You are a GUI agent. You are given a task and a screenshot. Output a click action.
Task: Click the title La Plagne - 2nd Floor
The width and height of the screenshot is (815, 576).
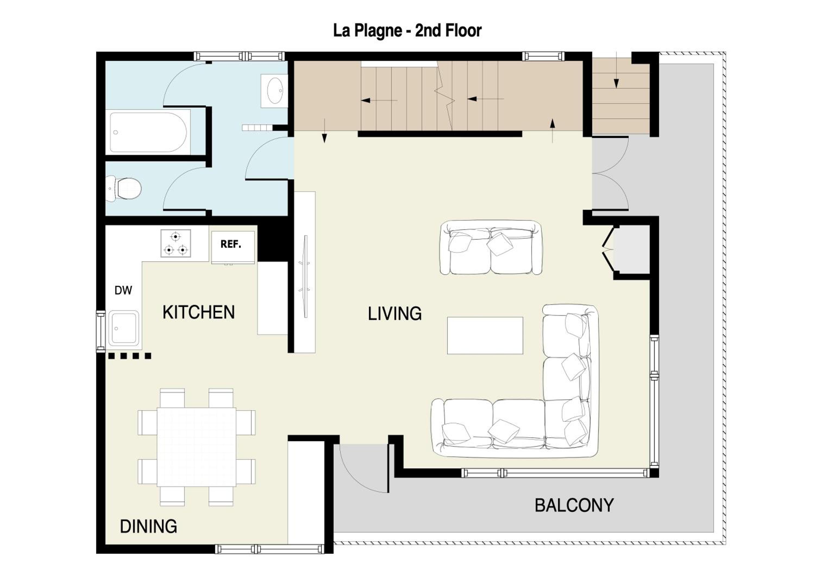(407, 30)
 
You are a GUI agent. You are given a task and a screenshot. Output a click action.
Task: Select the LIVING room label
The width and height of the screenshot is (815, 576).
(395, 314)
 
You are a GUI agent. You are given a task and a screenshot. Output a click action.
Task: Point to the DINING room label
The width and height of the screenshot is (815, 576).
(148, 526)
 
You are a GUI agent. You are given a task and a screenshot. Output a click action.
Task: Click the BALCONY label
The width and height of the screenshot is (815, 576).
(574, 505)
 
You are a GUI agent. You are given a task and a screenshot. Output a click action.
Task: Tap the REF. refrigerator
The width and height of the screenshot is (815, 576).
(233, 247)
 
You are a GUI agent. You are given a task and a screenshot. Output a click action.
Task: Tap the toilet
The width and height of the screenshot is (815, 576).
(124, 189)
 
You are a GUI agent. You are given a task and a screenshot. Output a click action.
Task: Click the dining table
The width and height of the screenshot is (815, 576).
(196, 447)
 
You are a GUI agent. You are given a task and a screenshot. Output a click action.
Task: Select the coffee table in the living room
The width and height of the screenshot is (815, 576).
(485, 335)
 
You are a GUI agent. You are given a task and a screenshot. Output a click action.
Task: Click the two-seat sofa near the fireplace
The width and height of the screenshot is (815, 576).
(491, 247)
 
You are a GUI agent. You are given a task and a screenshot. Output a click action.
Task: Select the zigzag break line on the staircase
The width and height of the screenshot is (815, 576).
(445, 96)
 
